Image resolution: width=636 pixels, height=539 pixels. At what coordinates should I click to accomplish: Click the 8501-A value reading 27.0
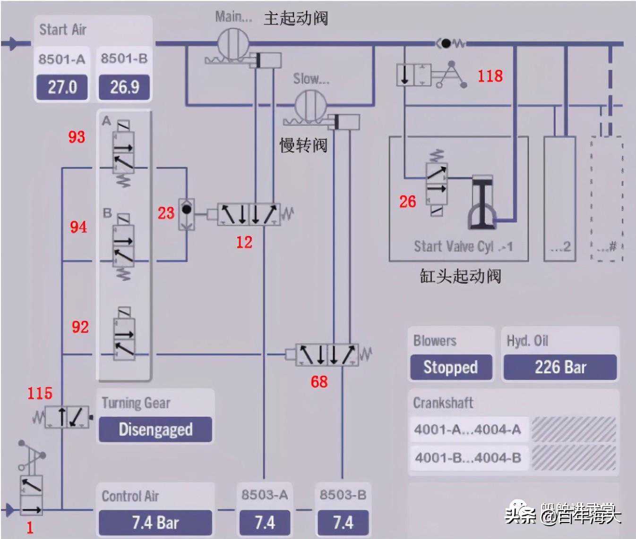pos(62,87)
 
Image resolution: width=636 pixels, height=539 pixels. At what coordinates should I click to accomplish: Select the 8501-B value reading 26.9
pos(124,87)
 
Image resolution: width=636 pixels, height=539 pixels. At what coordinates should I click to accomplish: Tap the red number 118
pos(490,76)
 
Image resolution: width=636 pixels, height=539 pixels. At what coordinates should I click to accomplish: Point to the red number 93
pos(77,137)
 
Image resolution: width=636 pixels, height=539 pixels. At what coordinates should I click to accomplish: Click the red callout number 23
pos(166,213)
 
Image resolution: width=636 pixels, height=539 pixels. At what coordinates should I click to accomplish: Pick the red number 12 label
pos(244,242)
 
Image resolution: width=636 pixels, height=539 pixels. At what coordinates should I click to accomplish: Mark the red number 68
pos(319,381)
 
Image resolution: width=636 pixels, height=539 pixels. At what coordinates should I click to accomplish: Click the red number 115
pos(40,393)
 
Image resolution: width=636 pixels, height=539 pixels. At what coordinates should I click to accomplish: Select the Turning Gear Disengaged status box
pos(155,429)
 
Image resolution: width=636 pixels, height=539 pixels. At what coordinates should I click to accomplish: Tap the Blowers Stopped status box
pos(451,367)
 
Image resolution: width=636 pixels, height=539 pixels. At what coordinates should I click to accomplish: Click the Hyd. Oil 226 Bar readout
pos(560,367)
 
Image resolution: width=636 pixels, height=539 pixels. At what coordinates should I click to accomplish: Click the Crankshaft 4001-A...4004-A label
pos(467,430)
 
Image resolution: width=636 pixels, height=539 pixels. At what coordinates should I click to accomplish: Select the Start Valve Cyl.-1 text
pos(463,246)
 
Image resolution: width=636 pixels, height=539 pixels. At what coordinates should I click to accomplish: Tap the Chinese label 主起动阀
pos(295,18)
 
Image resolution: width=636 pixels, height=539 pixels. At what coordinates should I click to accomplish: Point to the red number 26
pos(407,202)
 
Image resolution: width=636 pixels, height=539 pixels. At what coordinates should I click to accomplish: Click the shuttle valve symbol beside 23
pos(187,215)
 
